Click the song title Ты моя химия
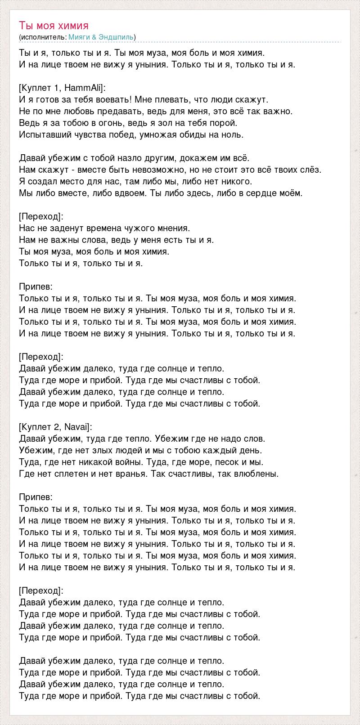[54, 25]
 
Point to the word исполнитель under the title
[43, 37]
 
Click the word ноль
[232, 134]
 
